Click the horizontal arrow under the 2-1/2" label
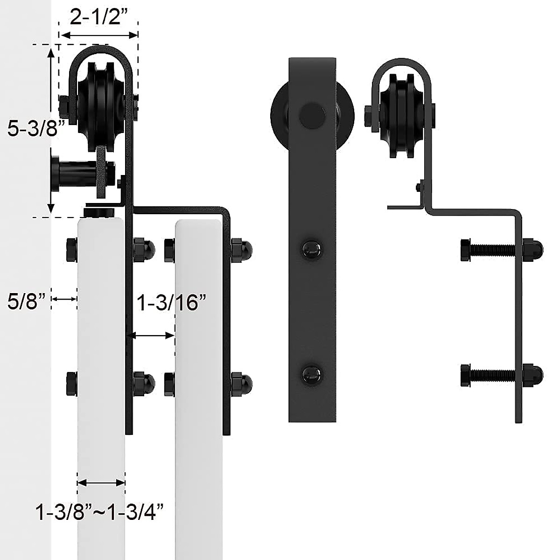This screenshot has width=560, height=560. click(x=99, y=35)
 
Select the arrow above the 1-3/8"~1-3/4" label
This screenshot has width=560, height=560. click(x=101, y=482)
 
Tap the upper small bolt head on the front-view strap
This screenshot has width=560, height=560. click(x=312, y=247)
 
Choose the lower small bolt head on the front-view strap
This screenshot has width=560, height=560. click(x=312, y=373)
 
